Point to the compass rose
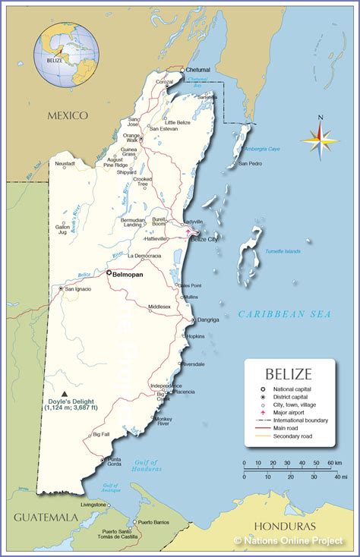click(x=321, y=138)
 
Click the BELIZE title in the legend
click(x=288, y=373)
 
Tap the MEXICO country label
click(x=68, y=115)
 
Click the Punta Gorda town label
click(x=114, y=462)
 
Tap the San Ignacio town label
click(x=80, y=289)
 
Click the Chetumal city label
click(x=197, y=70)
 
